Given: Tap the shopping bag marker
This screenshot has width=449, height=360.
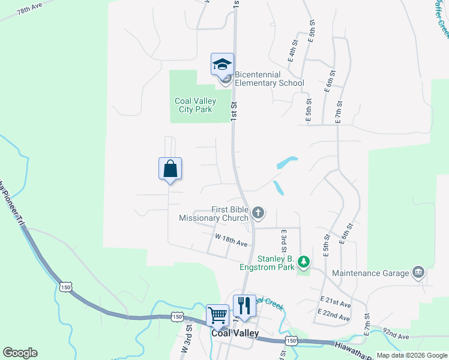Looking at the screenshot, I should click(170, 169).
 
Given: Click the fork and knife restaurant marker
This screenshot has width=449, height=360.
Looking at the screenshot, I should click(244, 305).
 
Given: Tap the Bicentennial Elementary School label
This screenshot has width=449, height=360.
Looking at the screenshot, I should click(270, 79).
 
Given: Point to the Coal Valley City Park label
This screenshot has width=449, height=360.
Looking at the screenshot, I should click(195, 106).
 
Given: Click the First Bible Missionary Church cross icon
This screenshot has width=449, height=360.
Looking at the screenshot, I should click(258, 212).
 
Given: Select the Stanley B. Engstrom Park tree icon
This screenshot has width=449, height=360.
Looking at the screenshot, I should click(304, 261).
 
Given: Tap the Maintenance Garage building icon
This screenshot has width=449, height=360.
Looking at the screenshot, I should click(418, 273).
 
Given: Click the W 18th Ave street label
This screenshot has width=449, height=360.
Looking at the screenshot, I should click(232, 240).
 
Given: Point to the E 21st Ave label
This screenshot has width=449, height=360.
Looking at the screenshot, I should click(336, 301).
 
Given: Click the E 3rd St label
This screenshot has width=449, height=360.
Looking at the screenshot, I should click(282, 240).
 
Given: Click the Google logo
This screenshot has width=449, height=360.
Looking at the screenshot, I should click(20, 353).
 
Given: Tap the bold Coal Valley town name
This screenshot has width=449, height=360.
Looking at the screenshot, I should click(235, 333).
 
